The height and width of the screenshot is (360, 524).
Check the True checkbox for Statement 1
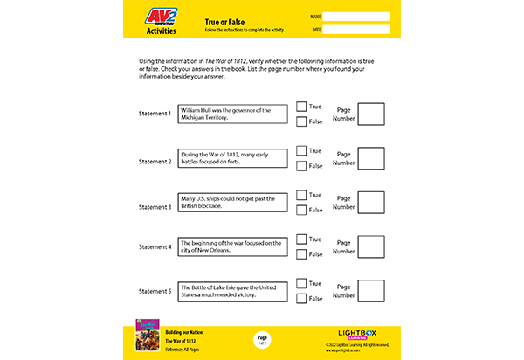301,107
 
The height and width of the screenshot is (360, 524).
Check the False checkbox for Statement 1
301,121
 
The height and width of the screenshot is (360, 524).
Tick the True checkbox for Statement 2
301,151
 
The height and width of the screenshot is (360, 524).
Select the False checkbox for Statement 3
301,210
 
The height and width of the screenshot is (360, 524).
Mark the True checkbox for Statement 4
301,239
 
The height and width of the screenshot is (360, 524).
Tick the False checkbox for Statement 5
301,298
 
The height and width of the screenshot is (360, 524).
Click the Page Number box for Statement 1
371,114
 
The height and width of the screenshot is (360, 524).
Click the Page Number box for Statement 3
371,203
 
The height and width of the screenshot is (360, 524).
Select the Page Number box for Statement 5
371,291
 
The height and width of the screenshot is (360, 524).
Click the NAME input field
356,17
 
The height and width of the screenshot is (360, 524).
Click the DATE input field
356,29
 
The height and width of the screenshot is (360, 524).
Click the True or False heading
224,18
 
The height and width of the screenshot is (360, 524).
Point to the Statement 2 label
155,162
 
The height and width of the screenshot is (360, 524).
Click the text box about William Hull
233,114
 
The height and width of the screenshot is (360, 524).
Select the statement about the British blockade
233,203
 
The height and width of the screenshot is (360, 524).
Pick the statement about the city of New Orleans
233,246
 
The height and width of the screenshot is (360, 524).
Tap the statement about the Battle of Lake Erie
233,291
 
